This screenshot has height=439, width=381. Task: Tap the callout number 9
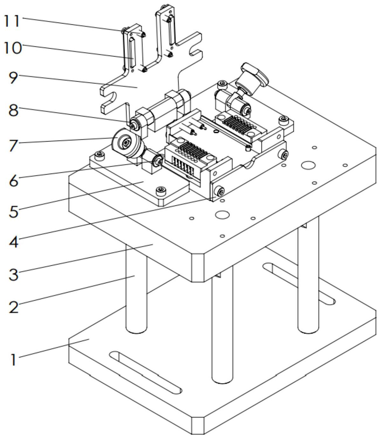(13, 77)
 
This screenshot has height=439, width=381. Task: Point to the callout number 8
(13, 111)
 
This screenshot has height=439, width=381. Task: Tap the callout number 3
(13, 274)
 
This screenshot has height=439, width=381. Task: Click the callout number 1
(13, 359)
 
